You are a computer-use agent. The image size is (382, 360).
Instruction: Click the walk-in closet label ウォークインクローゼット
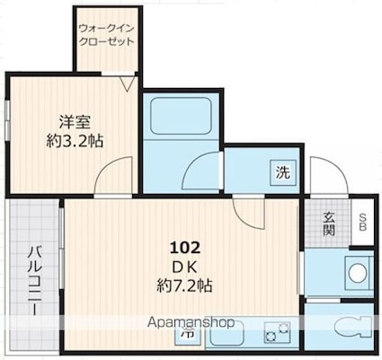(106, 34)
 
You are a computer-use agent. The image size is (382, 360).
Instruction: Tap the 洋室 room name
(75, 122)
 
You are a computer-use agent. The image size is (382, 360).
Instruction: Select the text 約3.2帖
(75, 141)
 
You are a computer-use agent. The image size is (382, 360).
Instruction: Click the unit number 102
(185, 248)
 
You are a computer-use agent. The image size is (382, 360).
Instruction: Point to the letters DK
(185, 267)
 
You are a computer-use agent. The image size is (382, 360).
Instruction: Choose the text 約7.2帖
(185, 285)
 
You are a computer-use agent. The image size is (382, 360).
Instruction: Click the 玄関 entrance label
(329, 224)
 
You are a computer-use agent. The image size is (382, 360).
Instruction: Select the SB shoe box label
(363, 222)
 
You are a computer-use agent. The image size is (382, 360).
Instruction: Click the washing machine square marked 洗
(283, 173)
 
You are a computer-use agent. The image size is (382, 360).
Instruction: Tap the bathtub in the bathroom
(181, 116)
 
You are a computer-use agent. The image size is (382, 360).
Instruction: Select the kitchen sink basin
(227, 333)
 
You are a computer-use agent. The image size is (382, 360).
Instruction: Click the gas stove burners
(277, 332)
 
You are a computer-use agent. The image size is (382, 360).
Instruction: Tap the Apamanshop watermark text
(191, 322)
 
